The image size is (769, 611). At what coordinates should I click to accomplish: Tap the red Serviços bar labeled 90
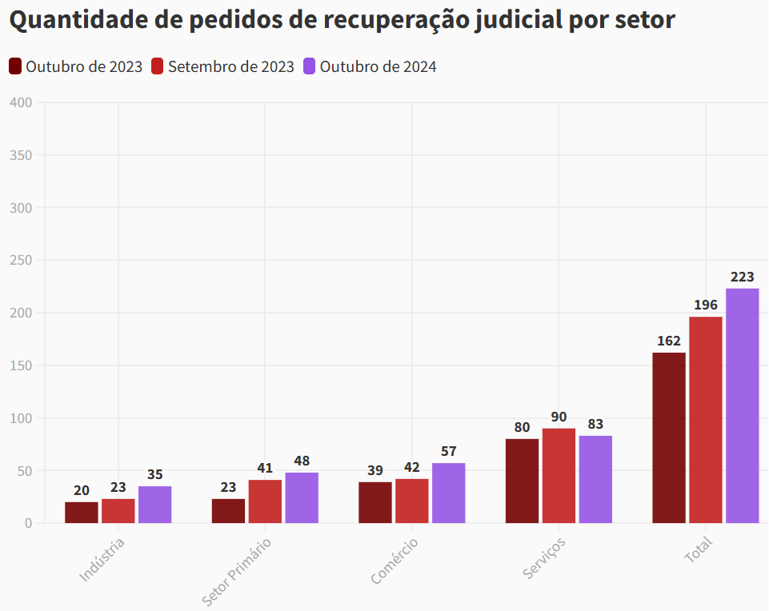tap(559, 476)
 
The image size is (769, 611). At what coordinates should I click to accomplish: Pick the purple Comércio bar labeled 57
tap(448, 493)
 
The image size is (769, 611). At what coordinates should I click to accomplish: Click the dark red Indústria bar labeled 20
tap(82, 513)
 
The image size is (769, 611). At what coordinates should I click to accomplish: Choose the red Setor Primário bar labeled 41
tap(265, 501)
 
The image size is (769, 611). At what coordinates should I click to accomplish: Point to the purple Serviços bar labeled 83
tap(595, 479)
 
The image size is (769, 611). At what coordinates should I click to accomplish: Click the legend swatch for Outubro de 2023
tap(15, 66)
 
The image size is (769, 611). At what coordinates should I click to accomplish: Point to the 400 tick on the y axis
tap(22, 102)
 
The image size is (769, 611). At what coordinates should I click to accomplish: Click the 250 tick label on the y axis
tap(22, 260)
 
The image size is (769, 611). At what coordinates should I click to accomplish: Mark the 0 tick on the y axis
tap(28, 523)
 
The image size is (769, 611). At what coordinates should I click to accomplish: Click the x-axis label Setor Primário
tap(237, 571)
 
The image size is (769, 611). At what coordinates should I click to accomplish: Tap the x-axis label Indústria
tap(102, 559)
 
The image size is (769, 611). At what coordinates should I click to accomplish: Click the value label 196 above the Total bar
tap(705, 305)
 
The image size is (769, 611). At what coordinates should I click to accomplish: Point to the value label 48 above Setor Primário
tap(302, 461)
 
